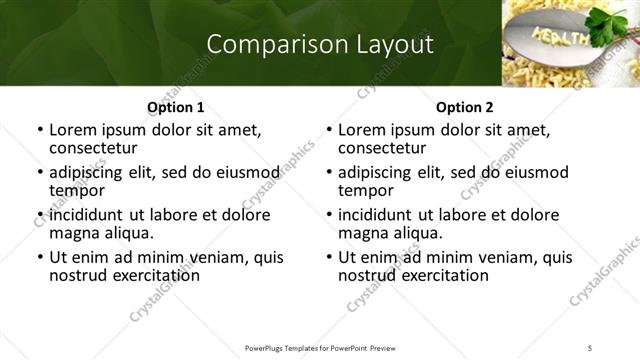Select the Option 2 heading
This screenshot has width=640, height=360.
(465, 107)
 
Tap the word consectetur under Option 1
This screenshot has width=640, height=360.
(91, 147)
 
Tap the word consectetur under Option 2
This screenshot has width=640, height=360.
(380, 147)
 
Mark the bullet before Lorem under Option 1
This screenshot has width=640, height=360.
(40, 130)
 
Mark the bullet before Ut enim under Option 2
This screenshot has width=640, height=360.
(329, 257)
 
